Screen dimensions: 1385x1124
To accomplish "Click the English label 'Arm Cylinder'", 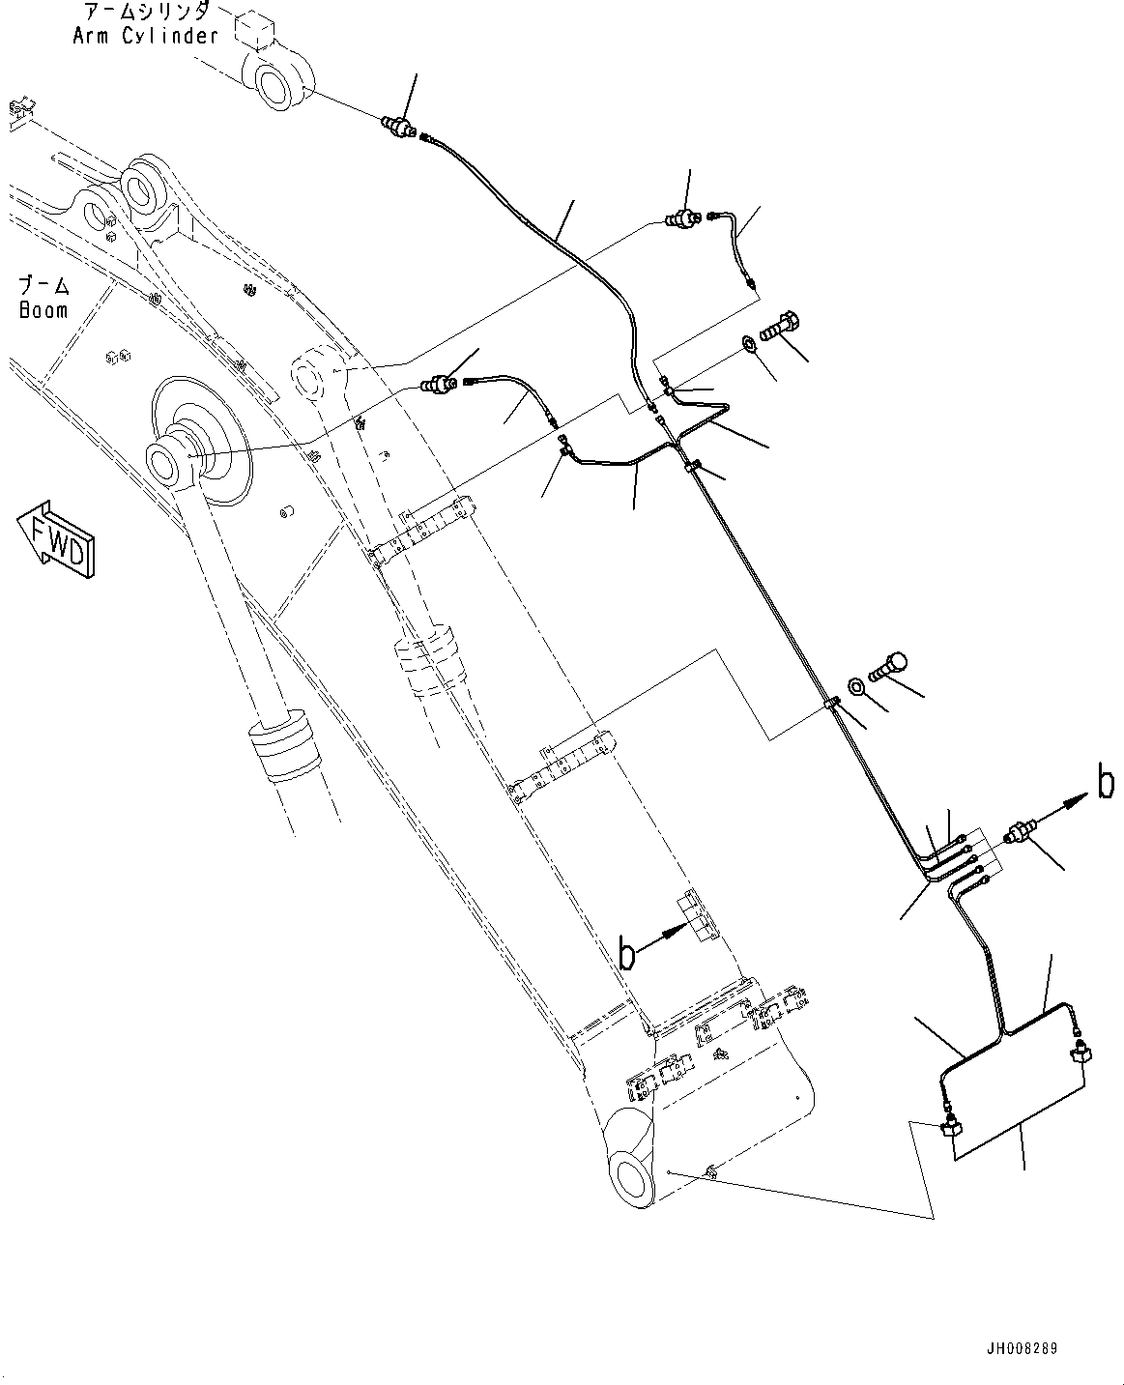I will [x=145, y=37].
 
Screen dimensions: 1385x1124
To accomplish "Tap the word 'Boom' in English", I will [x=43, y=310].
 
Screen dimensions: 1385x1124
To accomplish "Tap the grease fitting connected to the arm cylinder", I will [x=399, y=127].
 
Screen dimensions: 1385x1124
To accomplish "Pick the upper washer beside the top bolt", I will [x=749, y=343].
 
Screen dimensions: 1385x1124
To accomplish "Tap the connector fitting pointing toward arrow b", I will [x=1021, y=832].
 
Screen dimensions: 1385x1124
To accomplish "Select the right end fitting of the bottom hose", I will [x=1081, y=1048].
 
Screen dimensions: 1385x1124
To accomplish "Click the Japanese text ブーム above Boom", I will [x=44, y=287].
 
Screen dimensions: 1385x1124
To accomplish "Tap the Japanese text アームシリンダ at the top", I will [x=145, y=13].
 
